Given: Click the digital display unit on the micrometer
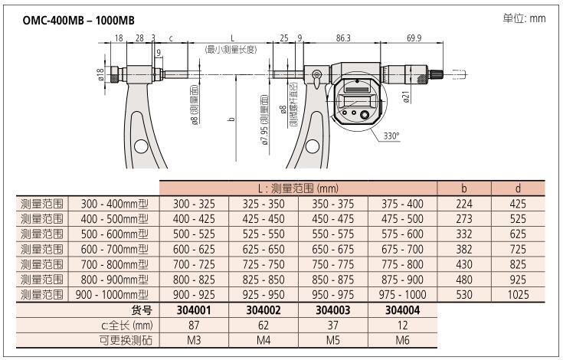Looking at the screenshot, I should [x=356, y=99].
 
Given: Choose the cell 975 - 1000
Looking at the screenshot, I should [x=402, y=294].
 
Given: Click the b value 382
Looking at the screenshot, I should [x=463, y=249].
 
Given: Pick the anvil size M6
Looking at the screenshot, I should [x=402, y=339].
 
